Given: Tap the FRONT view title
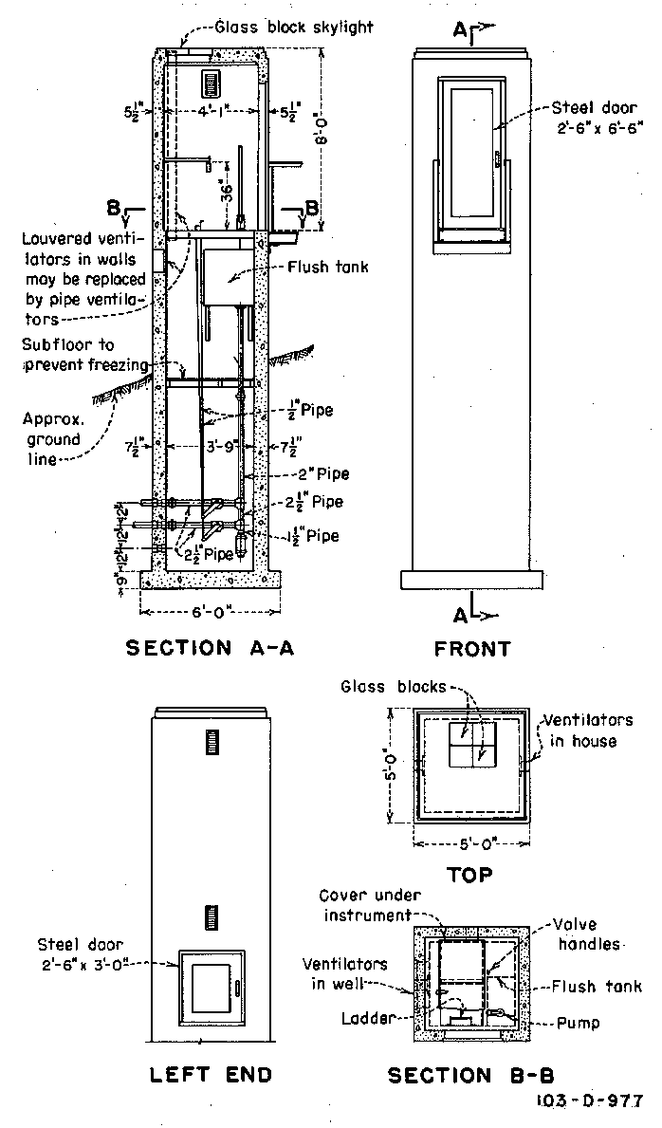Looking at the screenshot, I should click(471, 649).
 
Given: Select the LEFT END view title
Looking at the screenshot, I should click(211, 1074).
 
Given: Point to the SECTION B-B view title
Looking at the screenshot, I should click(473, 1075).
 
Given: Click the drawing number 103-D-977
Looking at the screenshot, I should click(588, 1103).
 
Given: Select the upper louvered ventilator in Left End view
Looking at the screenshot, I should click(211, 742).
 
